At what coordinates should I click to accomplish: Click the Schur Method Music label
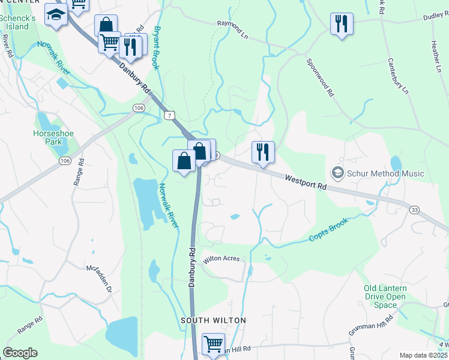coord(386,173)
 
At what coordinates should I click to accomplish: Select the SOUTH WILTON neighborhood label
coord(214,320)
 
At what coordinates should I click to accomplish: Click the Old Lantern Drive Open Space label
coord(385,296)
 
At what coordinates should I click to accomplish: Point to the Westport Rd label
coord(306,182)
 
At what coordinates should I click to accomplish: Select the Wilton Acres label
coord(221,259)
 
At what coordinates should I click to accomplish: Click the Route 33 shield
coord(414,209)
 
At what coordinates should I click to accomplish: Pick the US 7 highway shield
coord(170,115)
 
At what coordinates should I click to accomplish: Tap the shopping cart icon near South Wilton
coord(213,344)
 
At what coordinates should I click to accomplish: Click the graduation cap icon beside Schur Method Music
coord(338,173)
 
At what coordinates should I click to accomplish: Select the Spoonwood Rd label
coord(319,78)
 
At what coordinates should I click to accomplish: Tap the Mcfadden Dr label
coord(100,279)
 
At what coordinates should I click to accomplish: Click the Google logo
coord(20,353)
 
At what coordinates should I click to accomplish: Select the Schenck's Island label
coord(14,22)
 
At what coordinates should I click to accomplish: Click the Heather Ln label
coord(436,57)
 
